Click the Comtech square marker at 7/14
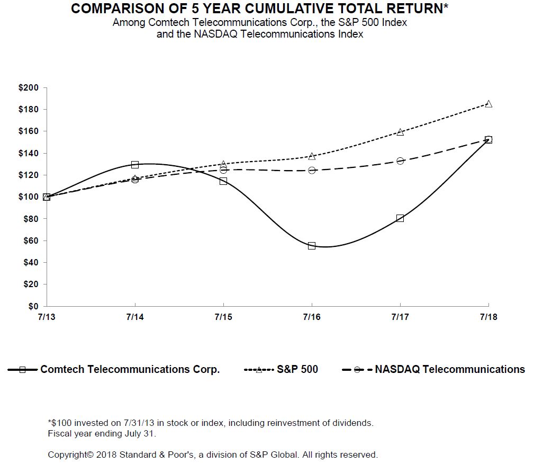[x=135, y=165]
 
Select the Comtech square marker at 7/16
[x=312, y=246]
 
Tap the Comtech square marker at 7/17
[x=400, y=218]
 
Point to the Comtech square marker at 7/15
[x=223, y=181]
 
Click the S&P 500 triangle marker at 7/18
[x=488, y=104]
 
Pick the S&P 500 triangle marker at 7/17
[x=400, y=132]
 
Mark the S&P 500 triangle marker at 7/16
[x=312, y=156]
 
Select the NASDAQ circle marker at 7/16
[x=312, y=170]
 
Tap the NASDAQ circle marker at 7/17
[x=400, y=161]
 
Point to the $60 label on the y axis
[x=30, y=241]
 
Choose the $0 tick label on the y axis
[x=33, y=306]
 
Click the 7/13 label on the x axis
[x=47, y=317]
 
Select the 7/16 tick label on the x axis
[x=312, y=317]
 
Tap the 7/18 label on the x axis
[x=488, y=317]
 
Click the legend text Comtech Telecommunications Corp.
[x=130, y=370]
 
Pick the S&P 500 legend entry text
[x=297, y=370]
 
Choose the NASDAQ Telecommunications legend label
[x=450, y=370]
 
